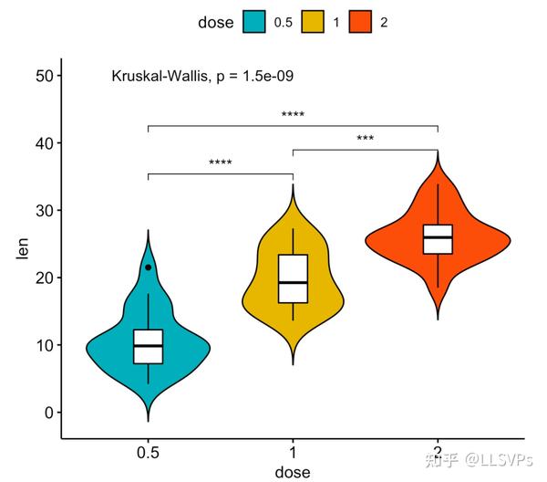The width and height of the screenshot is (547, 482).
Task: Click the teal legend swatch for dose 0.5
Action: coord(253,22)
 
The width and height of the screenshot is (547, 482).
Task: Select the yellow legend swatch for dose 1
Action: coord(312,22)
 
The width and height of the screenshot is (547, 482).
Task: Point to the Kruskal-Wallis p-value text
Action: coord(201,77)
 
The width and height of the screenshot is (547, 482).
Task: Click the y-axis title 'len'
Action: coord(23,248)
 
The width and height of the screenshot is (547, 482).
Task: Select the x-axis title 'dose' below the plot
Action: coord(293,472)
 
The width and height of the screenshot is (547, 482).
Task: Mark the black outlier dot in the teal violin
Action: coord(148,267)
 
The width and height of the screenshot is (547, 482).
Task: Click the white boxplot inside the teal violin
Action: coord(148,346)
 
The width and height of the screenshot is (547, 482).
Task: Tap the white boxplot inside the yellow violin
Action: coord(293,278)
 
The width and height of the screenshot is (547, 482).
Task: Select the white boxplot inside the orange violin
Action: coord(438,239)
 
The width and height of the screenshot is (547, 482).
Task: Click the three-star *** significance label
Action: coord(366,140)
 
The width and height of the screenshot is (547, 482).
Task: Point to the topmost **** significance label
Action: coord(293,116)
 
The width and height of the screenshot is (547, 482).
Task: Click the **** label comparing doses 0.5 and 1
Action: coord(221,164)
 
